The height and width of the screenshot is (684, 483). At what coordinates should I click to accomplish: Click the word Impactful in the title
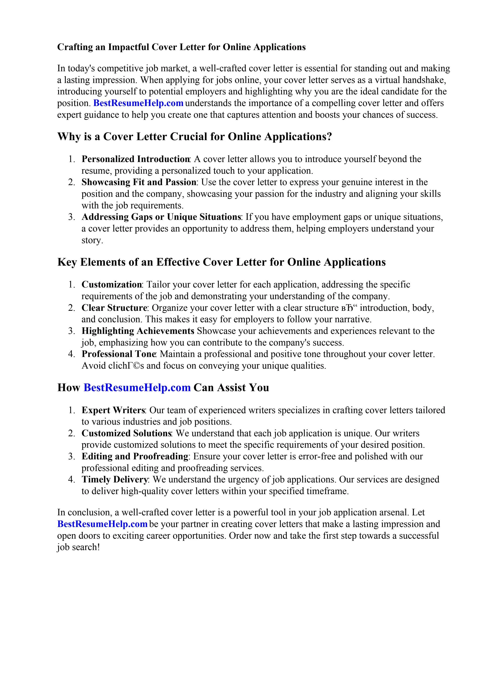(129, 47)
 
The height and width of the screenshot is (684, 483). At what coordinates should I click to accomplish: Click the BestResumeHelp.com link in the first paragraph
(138, 103)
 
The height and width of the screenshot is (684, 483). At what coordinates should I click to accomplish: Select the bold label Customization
(112, 285)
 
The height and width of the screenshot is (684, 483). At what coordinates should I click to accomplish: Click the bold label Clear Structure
(114, 308)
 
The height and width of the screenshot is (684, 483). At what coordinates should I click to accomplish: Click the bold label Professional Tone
(119, 354)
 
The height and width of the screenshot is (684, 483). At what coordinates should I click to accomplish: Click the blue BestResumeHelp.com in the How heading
(137, 388)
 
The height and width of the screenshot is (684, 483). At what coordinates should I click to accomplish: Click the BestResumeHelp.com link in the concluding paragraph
(102, 524)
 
